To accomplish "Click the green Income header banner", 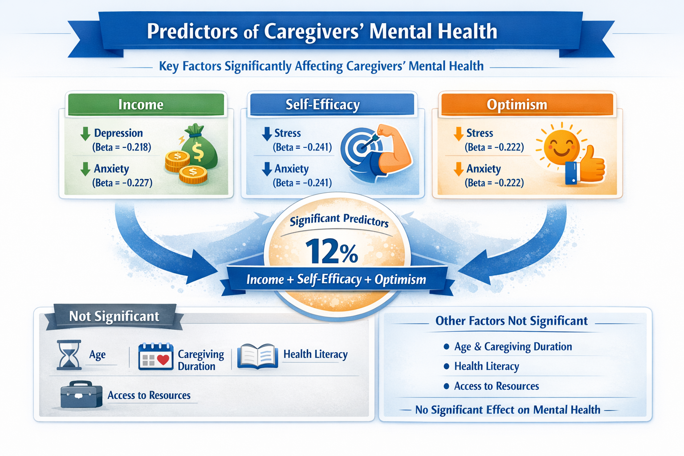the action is pyautogui.click(x=146, y=105).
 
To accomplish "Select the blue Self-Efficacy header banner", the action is pyautogui.click(x=332, y=105).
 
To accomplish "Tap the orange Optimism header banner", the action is pyautogui.click(x=527, y=105).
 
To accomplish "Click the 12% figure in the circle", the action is pyautogui.click(x=332, y=252).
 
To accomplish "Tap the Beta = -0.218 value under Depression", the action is pyautogui.click(x=122, y=147).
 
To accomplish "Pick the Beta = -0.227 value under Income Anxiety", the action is pyautogui.click(x=122, y=183).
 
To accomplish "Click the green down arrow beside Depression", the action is pyautogui.click(x=85, y=134).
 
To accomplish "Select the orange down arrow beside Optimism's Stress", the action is pyautogui.click(x=458, y=134).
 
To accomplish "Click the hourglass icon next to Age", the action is pyautogui.click(x=69, y=355).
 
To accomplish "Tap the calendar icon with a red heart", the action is pyautogui.click(x=156, y=356).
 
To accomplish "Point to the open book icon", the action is pyautogui.click(x=258, y=356).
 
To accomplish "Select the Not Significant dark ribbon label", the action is pyautogui.click(x=114, y=317).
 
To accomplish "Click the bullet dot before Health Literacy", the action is pyautogui.click(x=447, y=366).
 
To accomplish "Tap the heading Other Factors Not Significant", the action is pyautogui.click(x=512, y=321).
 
